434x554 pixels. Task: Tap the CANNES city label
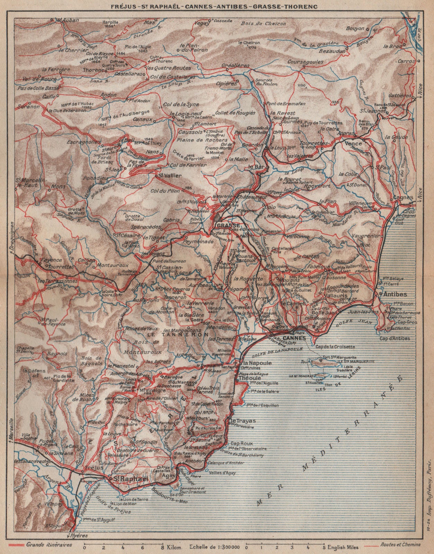pos(295,338)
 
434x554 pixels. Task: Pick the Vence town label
pos(353,143)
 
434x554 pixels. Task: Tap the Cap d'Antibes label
pos(394,338)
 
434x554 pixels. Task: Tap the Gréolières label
pos(235,65)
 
